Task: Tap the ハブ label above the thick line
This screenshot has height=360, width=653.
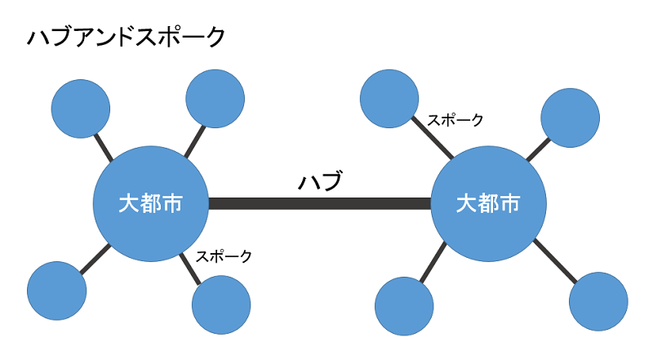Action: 319,180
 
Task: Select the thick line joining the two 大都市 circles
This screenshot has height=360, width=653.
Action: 319,203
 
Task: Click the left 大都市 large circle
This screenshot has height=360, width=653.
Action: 150,203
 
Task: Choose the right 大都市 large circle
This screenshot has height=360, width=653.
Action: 488,203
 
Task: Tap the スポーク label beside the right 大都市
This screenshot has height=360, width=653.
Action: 455,120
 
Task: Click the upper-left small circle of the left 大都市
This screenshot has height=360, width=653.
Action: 81,109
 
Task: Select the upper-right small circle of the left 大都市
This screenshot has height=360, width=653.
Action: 215,99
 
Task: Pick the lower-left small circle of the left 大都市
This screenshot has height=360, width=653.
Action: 57,291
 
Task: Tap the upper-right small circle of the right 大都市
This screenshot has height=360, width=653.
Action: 571,118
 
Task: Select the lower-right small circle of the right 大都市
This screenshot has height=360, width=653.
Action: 598,300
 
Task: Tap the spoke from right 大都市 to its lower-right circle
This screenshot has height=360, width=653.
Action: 555,261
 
